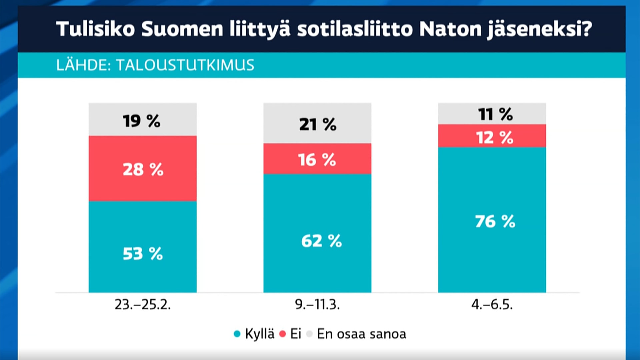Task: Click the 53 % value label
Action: (x=143, y=254)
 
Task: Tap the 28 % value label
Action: (x=143, y=169)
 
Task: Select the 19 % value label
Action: (x=142, y=121)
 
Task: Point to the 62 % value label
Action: (x=321, y=241)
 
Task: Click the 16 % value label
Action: (x=317, y=160)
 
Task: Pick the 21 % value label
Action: (x=318, y=124)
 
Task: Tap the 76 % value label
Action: (x=495, y=221)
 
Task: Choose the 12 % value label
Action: (x=494, y=137)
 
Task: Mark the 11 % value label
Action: (x=495, y=114)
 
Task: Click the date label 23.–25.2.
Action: (x=143, y=304)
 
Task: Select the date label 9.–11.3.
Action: (x=317, y=304)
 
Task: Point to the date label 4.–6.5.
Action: (x=492, y=304)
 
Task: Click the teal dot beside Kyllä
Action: (x=237, y=334)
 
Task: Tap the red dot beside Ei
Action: (x=283, y=334)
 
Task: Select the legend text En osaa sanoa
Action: (x=361, y=334)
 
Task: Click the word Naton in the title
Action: (x=450, y=29)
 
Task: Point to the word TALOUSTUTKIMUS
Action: (x=185, y=65)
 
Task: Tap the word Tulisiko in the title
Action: (x=95, y=29)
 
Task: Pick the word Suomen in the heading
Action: (x=182, y=29)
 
